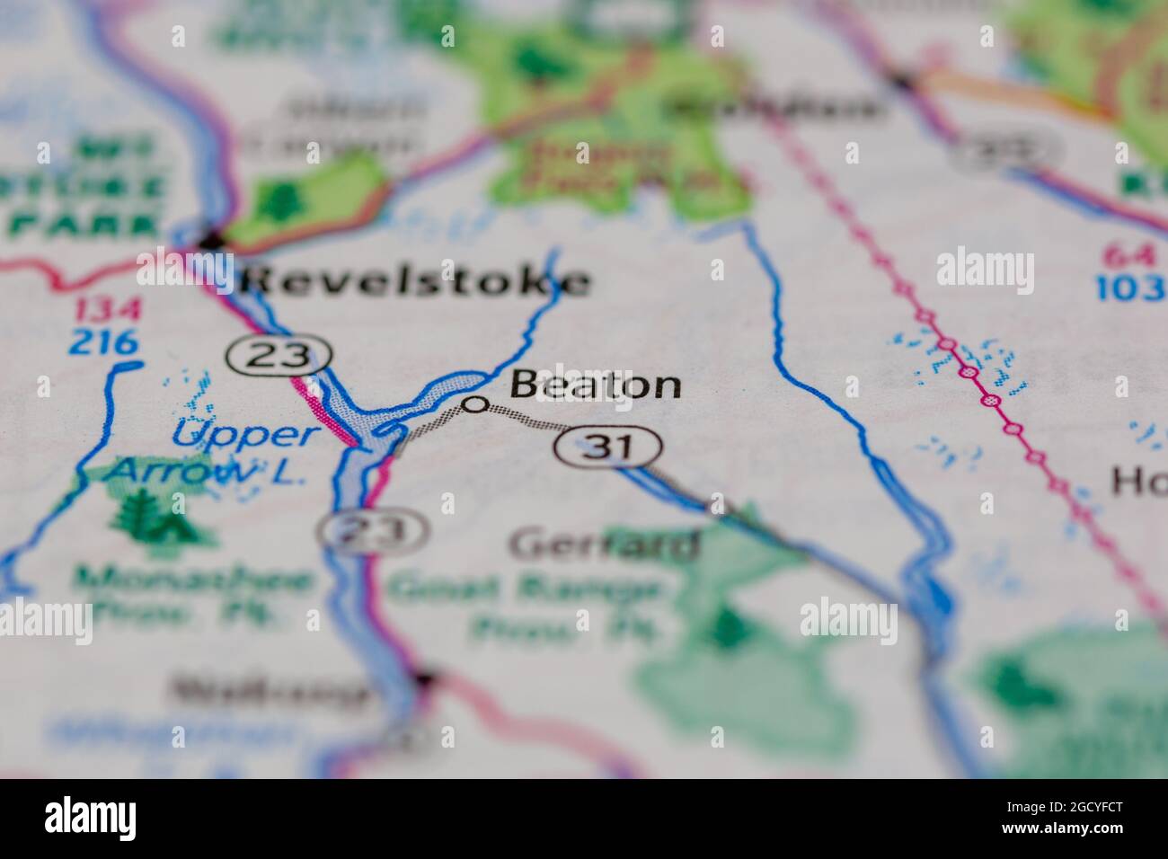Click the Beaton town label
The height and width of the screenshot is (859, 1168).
[x=595, y=385]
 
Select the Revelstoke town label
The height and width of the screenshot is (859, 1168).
[x=415, y=281]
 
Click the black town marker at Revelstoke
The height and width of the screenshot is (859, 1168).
[x=212, y=240]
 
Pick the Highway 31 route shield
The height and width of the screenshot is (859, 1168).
[x=608, y=447]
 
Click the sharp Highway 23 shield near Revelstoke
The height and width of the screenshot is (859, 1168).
[x=278, y=357]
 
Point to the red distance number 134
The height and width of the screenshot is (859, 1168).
[x=108, y=311]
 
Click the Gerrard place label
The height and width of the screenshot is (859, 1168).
[x=604, y=545]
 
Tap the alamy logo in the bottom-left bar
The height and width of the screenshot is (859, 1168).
[x=91, y=818]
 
